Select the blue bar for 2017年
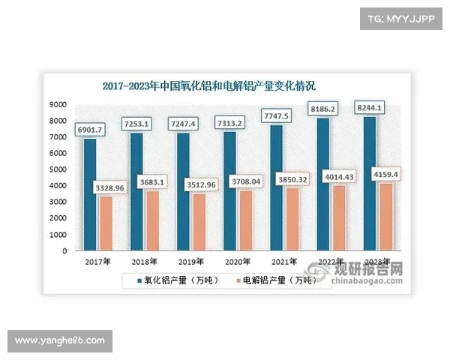(90, 195)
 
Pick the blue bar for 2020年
(229, 191)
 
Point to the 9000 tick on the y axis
(58, 104)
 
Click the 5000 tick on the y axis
(58, 169)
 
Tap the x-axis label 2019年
(193, 260)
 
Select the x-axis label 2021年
(286, 260)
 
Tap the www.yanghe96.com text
(60, 341)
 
